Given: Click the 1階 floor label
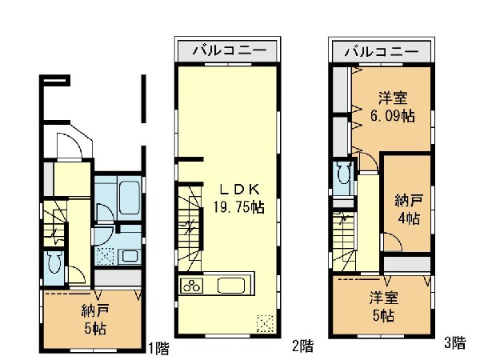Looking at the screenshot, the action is [158, 348].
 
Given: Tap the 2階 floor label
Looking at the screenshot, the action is [302, 346].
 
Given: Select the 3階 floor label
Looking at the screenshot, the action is [455, 342].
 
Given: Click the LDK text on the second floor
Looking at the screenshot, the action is [240, 190].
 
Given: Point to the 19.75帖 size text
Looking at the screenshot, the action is [238, 207].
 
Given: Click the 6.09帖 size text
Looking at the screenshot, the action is [393, 116].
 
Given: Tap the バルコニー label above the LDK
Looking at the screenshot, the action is [229, 50].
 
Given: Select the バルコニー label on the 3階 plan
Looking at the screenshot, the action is [382, 51].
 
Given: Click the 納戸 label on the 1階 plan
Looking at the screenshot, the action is [95, 311].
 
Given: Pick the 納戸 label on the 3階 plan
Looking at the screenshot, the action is [409, 201].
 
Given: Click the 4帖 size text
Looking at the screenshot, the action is [409, 218].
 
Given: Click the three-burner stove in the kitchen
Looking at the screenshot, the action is [192, 286].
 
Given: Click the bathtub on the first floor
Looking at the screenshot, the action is [130, 198].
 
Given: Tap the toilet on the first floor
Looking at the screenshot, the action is [55, 264].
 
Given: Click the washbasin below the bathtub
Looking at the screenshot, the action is [130, 256].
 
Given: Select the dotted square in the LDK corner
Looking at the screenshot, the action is [265, 323].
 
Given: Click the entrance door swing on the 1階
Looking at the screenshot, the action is [70, 146].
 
